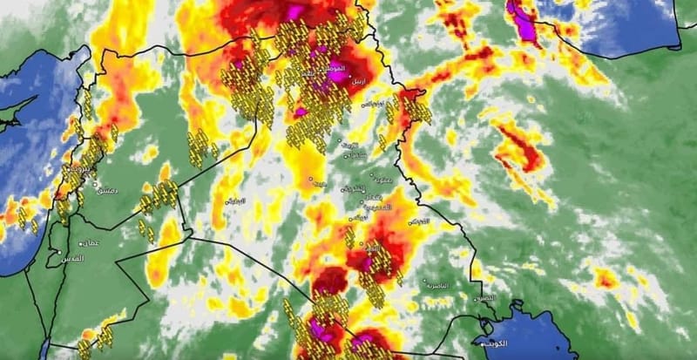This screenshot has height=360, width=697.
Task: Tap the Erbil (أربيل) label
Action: pos(358,82)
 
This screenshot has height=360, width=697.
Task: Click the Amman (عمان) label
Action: pos(90,243)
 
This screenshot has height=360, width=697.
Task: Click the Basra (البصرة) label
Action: pos(485,298)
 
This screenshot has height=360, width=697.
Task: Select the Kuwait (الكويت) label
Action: pos(503,343)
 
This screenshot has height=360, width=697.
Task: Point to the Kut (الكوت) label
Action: pos(420,221)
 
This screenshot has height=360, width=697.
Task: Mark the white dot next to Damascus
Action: pos(94,185)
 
